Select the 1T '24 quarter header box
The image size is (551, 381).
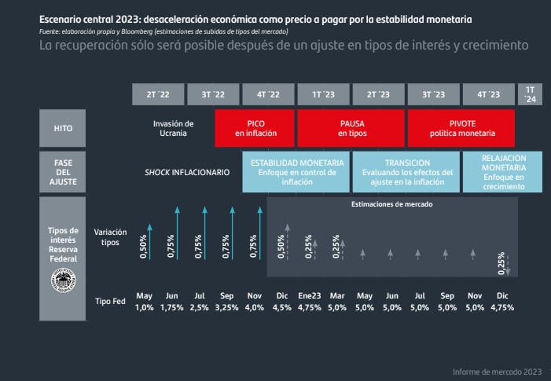pos(530,94)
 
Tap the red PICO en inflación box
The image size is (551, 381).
pos(255,128)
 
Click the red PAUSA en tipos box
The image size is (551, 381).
pos(351,128)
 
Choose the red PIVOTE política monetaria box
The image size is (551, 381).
pos(461,128)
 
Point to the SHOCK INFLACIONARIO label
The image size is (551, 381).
pos(186,172)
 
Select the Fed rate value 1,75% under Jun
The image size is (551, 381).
pos(172,307)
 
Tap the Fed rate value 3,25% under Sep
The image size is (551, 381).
pos(227,307)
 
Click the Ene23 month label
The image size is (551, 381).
pos(310,296)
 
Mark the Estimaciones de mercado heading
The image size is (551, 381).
pos(391,204)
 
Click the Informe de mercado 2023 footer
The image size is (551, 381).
pos(497,371)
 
